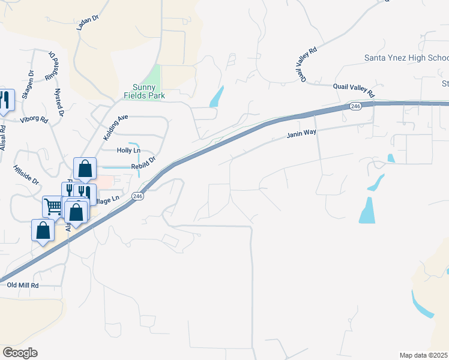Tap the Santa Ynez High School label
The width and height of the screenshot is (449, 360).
406,58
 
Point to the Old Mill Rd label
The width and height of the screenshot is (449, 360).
22,286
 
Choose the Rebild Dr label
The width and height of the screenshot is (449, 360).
143,163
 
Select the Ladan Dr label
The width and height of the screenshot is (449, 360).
87,23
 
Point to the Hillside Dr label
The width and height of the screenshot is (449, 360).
26,175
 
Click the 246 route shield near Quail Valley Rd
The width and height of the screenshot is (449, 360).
355,106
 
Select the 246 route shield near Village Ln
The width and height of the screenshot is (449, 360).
138,196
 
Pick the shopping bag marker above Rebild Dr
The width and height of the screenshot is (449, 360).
85,168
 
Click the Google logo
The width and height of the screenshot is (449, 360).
20,352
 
